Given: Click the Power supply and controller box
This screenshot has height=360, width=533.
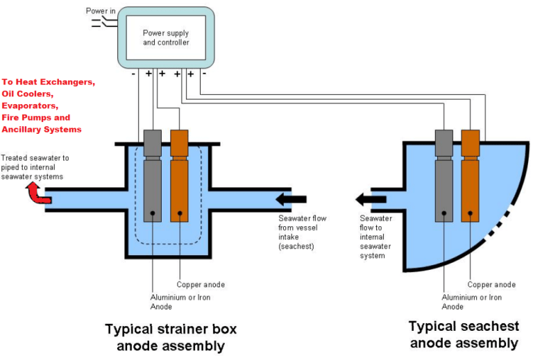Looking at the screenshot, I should click(165, 37).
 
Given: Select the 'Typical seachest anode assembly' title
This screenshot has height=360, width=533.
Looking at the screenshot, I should click(463, 334).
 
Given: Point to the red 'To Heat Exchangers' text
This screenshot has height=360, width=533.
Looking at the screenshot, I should click(49, 82).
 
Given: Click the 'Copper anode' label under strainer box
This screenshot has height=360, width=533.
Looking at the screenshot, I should click(201, 284).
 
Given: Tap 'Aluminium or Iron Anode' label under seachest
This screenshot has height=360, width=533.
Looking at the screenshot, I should click(471, 302).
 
